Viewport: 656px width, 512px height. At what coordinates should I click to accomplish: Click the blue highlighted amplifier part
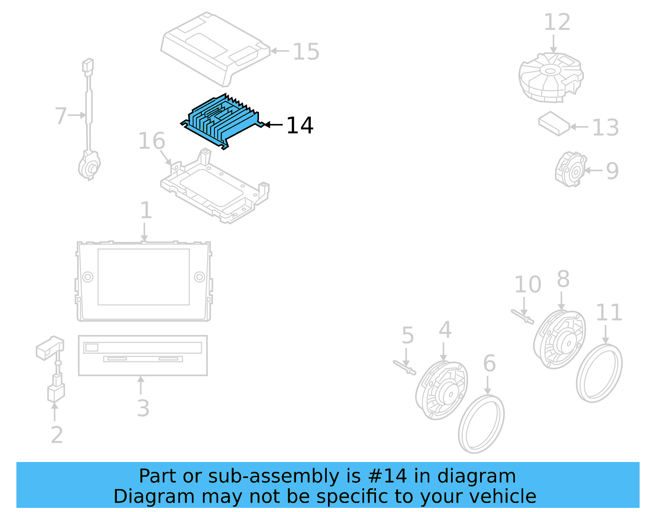[x=221, y=121]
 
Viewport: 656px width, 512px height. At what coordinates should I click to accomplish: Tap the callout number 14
[x=300, y=125]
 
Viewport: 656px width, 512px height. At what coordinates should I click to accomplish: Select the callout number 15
[x=306, y=52]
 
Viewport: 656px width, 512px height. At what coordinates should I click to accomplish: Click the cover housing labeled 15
[x=213, y=47]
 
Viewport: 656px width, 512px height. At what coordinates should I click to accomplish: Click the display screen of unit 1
[x=143, y=277]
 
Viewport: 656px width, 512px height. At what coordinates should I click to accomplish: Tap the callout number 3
[x=143, y=408]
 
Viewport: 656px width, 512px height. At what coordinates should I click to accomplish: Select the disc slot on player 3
[x=143, y=359]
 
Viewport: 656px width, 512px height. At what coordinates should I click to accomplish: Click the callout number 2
[x=57, y=435]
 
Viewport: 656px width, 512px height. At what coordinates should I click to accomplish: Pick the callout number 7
[x=61, y=116]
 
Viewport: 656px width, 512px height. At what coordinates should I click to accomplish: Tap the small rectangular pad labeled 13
[x=554, y=123]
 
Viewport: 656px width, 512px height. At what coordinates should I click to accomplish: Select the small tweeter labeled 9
[x=570, y=170]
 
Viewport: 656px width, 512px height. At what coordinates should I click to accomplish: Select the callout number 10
[x=528, y=284]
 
